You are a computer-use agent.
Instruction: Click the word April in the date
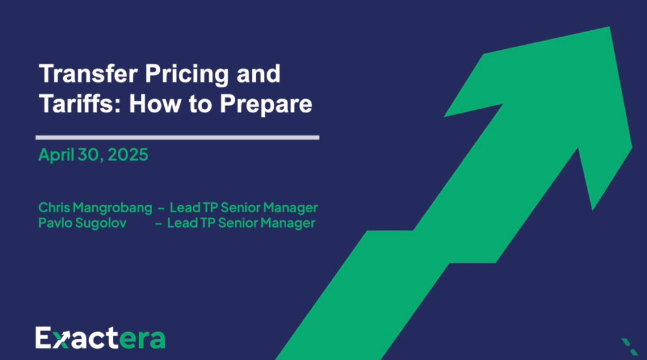coord(55,155)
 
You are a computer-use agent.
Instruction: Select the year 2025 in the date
coord(128,155)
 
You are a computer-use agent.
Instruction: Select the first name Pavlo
coord(55,223)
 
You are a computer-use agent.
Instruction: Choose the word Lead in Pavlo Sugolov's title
coord(182,223)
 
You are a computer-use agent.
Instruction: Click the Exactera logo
coord(100,338)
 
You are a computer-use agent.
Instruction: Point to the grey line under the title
coord(177,136)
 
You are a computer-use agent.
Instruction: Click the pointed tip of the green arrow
coord(609,28)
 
